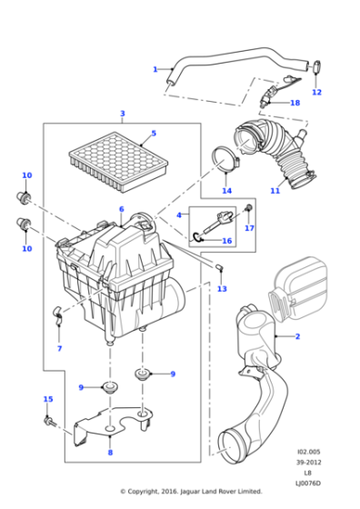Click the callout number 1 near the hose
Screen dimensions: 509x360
tap(155, 69)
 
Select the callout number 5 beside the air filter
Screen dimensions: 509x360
tap(154, 134)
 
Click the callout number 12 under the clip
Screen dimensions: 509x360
tap(317, 92)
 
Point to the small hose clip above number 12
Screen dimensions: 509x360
tap(316, 65)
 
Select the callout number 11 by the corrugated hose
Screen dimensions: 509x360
tap(275, 191)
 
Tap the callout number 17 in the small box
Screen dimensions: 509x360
tap(249, 228)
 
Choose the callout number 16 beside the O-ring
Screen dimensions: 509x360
tap(228, 241)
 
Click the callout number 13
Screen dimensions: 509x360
tap(221, 288)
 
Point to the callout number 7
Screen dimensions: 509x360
tap(59, 349)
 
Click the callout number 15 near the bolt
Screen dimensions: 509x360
tap(48, 399)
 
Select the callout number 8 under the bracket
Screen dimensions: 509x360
tap(110, 453)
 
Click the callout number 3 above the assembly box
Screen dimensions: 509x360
tap(121, 114)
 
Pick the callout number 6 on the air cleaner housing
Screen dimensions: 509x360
tap(120, 210)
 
